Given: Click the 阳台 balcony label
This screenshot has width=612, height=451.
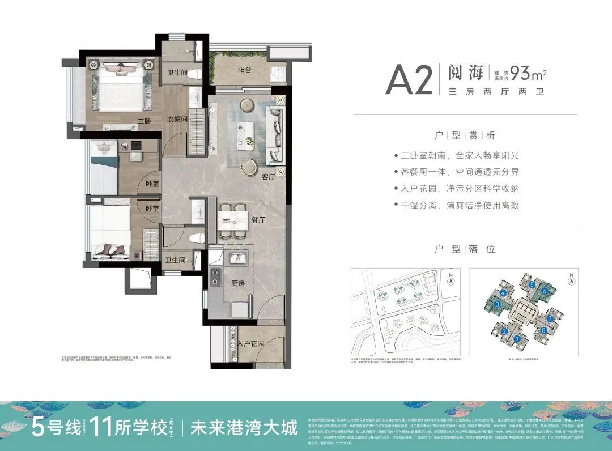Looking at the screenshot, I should pyautogui.click(x=245, y=70).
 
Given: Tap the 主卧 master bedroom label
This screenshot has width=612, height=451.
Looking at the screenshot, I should pyautogui.click(x=144, y=121).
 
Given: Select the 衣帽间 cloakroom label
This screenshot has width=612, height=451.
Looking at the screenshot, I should pyautogui.click(x=177, y=120).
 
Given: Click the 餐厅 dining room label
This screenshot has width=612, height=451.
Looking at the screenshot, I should pyautogui.click(x=258, y=220).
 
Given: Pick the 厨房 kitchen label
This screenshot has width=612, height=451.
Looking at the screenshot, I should pyautogui.click(x=239, y=285).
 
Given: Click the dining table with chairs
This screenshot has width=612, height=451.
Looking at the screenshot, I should pyautogui.click(x=233, y=220).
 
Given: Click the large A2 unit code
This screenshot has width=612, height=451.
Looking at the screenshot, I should pyautogui.click(x=409, y=81).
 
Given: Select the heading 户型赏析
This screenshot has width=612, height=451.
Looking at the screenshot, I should pyautogui.click(x=465, y=135).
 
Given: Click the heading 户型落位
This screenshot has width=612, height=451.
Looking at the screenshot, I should pyautogui.click(x=465, y=249).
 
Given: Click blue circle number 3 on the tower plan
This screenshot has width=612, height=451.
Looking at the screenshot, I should pyautogui.click(x=497, y=305).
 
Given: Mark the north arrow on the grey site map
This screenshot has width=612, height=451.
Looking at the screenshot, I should pyautogui.click(x=450, y=280).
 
